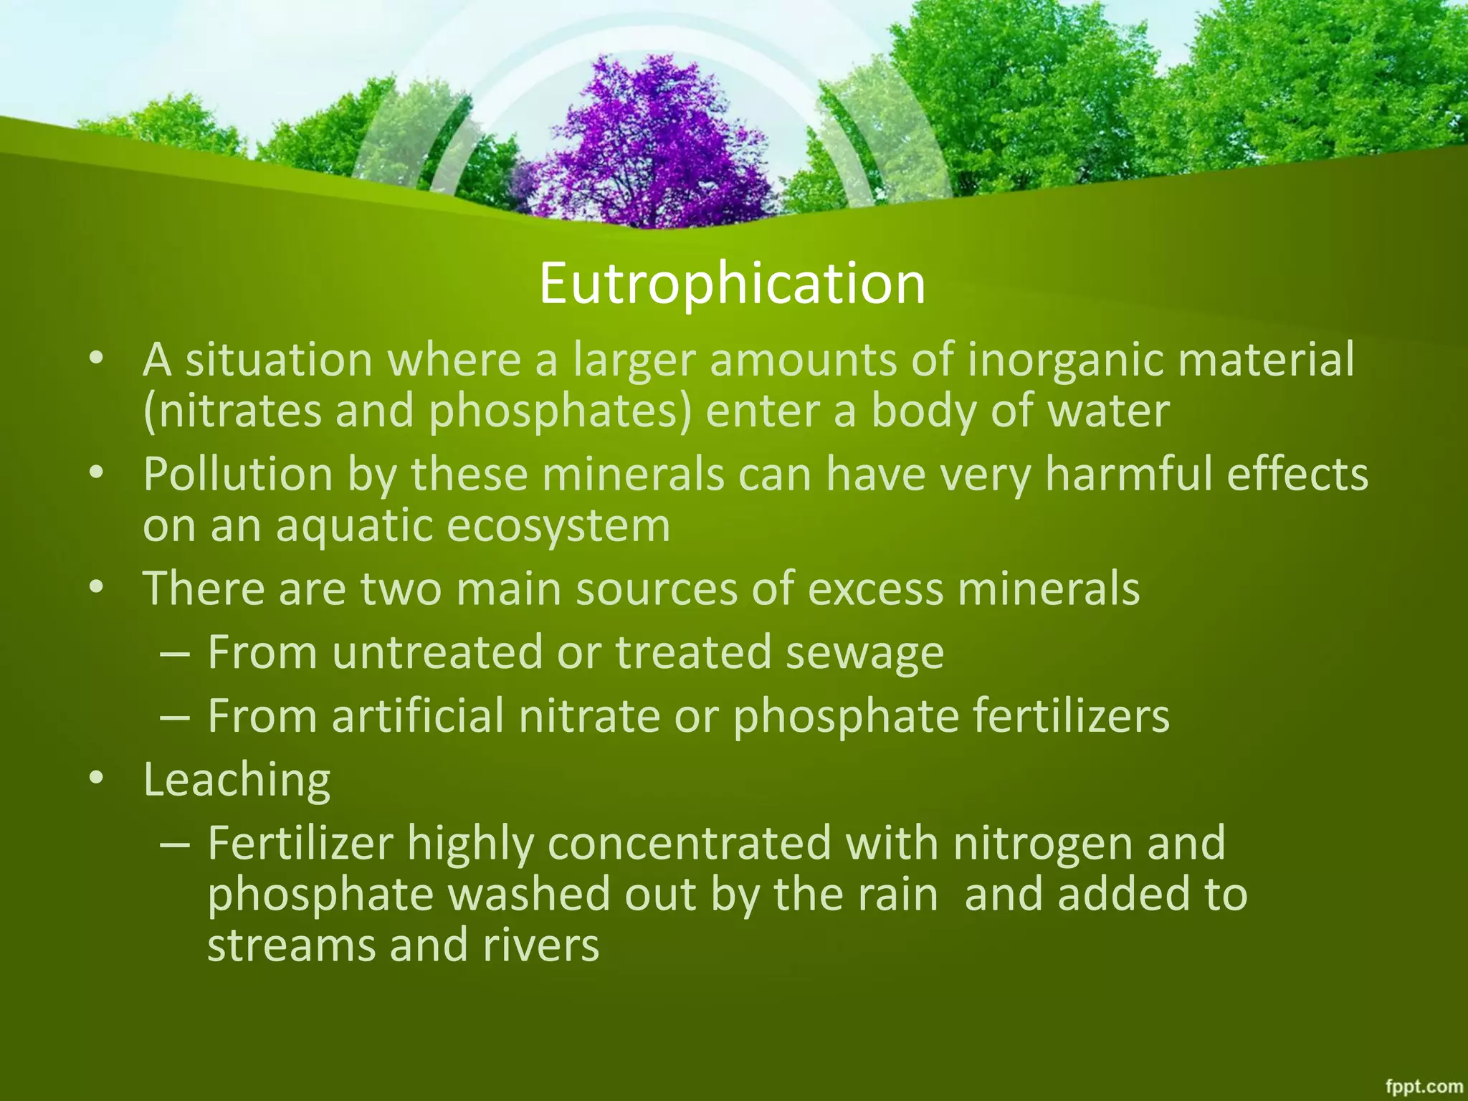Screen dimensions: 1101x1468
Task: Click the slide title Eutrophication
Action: (732, 284)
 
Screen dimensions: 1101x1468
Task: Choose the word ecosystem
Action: (558, 526)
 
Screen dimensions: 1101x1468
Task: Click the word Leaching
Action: (237, 780)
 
